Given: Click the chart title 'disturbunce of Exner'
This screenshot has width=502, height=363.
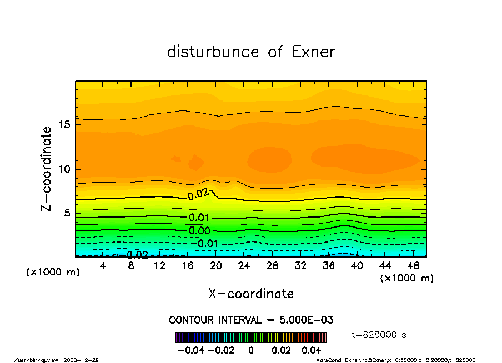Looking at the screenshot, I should pyautogui.click(x=251, y=52).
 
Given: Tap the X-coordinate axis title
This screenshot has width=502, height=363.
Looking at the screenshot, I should pyautogui.click(x=251, y=293).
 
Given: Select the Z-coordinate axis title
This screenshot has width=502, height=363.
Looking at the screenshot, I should pyautogui.click(x=46, y=169).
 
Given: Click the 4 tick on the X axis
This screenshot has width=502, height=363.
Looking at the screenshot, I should pyautogui.click(x=103, y=266).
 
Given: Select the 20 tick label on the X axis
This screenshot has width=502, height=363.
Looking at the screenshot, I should pyautogui.click(x=216, y=266).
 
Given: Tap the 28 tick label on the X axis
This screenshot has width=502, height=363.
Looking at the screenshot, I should pyautogui.click(x=272, y=266).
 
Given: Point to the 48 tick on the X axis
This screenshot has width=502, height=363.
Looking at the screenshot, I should pyautogui.click(x=413, y=266).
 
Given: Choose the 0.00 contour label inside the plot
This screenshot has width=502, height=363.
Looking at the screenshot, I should pyautogui.click(x=199, y=231).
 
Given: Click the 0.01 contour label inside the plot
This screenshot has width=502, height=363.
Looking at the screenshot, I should pyautogui.click(x=199, y=217).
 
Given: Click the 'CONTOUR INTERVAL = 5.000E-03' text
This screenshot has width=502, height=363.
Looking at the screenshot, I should pyautogui.click(x=251, y=320).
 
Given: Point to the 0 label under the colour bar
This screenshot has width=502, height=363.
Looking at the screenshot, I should pyautogui.click(x=251, y=350).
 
